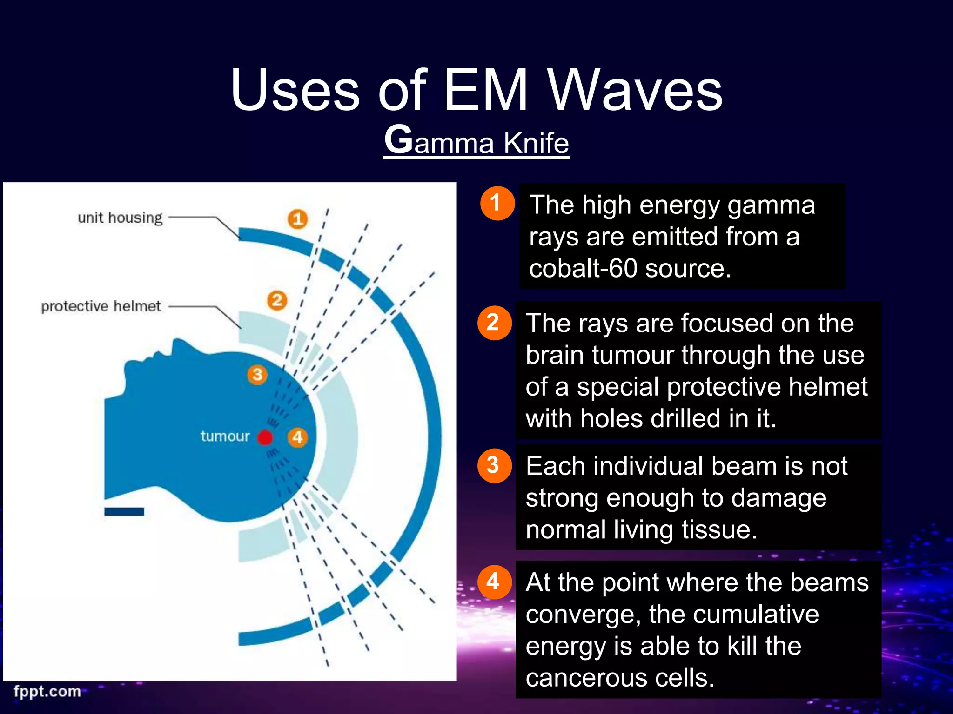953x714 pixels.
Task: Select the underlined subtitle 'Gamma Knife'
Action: pos(476,141)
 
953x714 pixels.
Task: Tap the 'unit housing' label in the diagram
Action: pos(120,218)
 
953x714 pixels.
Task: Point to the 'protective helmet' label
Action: pos(101,306)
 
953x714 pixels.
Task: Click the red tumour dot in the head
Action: pos(265,437)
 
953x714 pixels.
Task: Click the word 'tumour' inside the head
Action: pos(225,436)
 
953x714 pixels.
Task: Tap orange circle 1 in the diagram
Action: pos(298,218)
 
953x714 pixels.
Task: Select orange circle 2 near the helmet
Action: pos(277,300)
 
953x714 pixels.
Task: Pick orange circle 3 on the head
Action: pos(257,375)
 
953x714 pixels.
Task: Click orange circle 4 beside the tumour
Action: pos(298,437)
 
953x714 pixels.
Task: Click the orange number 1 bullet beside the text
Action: pos(497,203)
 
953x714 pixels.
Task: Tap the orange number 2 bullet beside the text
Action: pos(494,323)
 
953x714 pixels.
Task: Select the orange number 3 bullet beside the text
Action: pos(494,465)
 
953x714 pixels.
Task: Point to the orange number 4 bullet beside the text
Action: pos(494,582)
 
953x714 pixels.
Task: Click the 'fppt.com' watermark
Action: pos(47,691)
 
